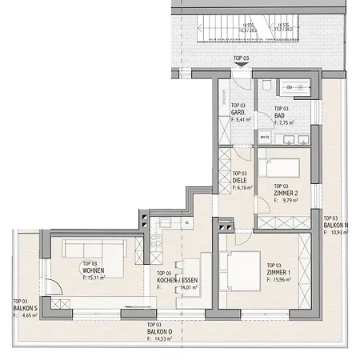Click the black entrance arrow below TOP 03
pos(239,69)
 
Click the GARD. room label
pos(238,113)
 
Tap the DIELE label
pos(238,180)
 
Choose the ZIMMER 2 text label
pos(286,194)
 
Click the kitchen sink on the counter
pos(166,225)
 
